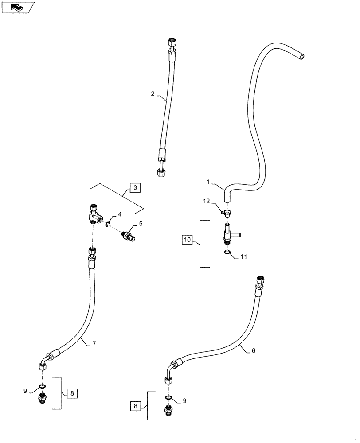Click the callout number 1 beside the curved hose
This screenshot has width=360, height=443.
208,182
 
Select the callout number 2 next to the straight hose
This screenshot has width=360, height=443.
153,94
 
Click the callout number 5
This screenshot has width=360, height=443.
141,224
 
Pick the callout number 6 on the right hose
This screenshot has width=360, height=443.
253,350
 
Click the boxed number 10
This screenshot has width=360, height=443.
187,240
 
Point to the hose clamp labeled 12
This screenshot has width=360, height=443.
227,213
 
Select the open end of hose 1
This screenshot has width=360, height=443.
301,56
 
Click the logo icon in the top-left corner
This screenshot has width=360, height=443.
17,7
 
